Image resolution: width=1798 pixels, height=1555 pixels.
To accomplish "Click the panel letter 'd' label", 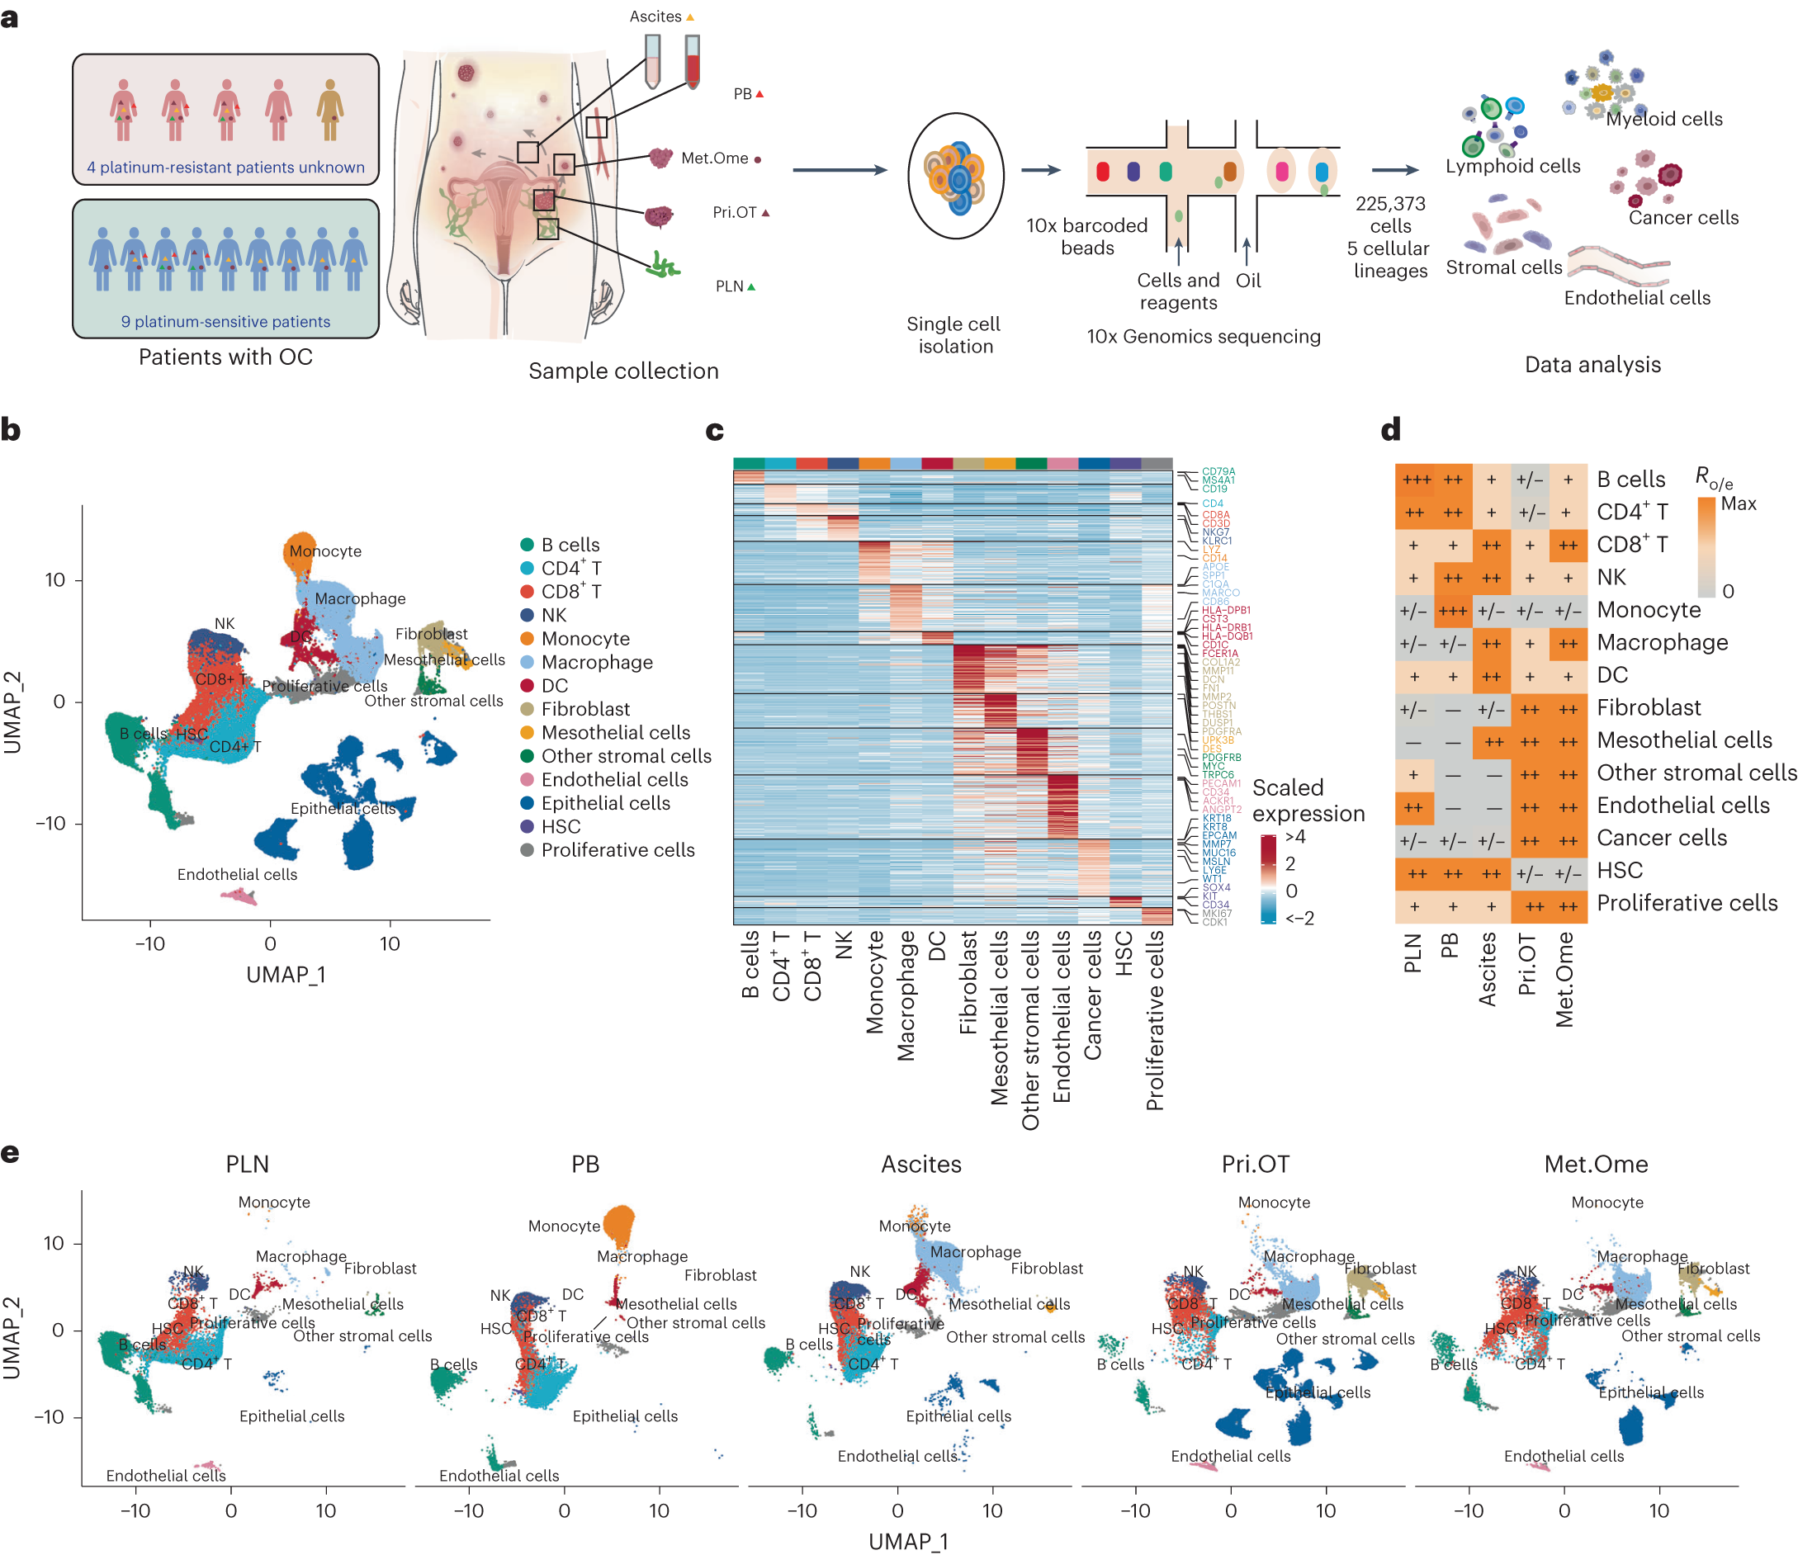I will click(x=1391, y=430).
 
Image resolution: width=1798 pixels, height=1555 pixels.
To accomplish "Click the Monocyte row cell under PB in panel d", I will click(x=1452, y=611).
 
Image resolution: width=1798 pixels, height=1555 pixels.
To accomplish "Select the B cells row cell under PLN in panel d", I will click(x=1414, y=480).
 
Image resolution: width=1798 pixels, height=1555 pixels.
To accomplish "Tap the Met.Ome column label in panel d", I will click(x=1564, y=980).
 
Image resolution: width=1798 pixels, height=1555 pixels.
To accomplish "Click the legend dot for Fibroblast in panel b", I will click(x=527, y=710).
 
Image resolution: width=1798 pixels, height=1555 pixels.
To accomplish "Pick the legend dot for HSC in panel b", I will click(x=527, y=827).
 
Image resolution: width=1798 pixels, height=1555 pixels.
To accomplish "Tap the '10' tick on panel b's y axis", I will click(x=54, y=579).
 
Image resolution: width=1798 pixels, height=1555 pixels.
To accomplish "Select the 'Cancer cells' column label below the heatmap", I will click(x=1091, y=995).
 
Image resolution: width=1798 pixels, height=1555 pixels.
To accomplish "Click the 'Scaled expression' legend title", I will click(x=1307, y=800).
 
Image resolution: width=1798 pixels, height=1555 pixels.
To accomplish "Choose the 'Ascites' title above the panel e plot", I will click(x=920, y=1165).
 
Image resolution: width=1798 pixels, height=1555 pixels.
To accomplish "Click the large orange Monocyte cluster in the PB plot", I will click(x=618, y=1224).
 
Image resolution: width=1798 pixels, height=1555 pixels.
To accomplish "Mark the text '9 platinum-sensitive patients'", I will click(x=225, y=321).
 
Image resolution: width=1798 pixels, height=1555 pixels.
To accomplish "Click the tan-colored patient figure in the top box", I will click(x=329, y=109).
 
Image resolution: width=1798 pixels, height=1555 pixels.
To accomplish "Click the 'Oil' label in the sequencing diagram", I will click(x=1248, y=281).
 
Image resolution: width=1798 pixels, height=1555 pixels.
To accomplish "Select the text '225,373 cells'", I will click(x=1390, y=215).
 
